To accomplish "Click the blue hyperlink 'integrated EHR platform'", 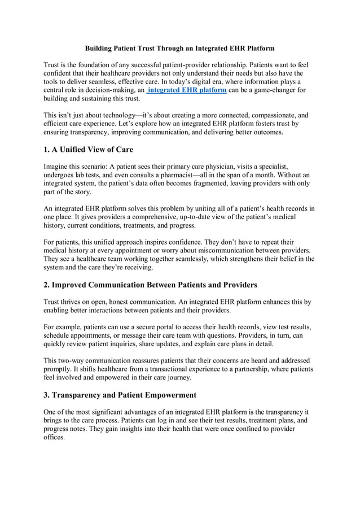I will click(x=187, y=90).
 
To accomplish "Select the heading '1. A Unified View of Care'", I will click(x=96, y=150).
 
